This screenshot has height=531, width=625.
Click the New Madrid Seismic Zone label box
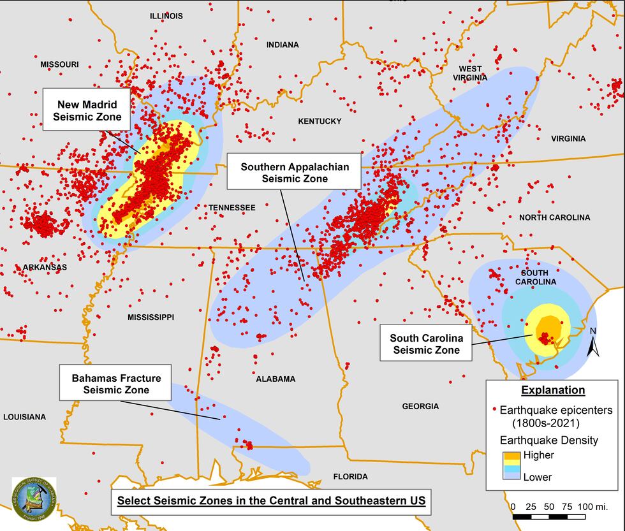click(87, 110)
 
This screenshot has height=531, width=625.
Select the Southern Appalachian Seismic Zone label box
click(294, 173)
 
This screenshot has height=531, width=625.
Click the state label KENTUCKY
click(320, 121)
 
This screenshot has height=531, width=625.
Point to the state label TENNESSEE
click(232, 208)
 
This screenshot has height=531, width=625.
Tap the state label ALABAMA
click(276, 379)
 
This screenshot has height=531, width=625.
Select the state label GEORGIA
click(420, 406)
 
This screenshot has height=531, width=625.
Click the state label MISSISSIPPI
click(151, 317)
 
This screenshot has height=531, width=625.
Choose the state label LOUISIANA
click(24, 417)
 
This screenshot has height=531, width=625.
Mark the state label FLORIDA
click(350, 476)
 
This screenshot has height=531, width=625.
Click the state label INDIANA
click(283, 45)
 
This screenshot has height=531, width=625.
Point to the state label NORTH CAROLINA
click(554, 217)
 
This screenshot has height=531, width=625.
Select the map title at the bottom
click(271, 501)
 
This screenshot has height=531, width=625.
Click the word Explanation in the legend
click(552, 390)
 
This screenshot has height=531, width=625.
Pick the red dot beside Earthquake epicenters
click(494, 410)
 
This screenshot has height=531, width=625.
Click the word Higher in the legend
click(538, 455)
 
